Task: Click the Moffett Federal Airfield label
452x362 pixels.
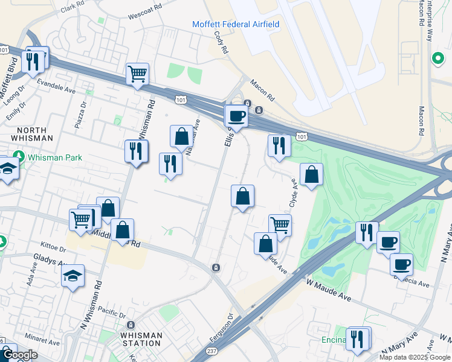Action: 236,24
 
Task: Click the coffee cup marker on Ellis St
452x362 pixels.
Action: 236,116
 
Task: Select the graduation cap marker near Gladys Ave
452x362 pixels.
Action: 73,275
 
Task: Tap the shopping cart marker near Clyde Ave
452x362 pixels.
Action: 280,225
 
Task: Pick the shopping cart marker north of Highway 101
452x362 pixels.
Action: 138,74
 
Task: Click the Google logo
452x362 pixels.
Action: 19,355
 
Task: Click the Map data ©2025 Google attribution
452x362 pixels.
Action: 415,357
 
